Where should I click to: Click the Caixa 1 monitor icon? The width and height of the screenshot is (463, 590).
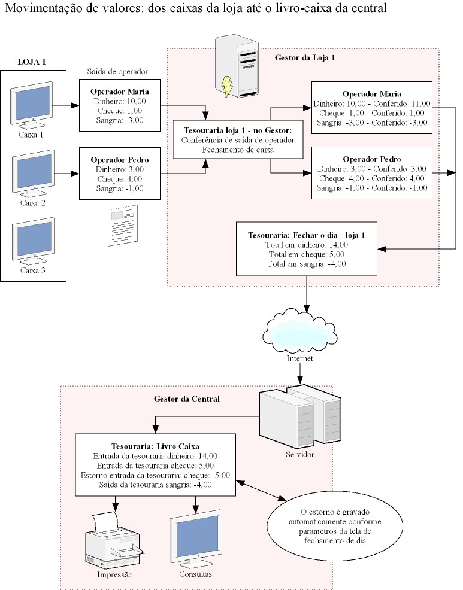point(31,105)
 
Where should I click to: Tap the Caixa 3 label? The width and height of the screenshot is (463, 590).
point(33,270)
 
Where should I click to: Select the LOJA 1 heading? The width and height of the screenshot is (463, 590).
point(32,62)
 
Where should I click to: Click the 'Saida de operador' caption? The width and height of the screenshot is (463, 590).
point(117,71)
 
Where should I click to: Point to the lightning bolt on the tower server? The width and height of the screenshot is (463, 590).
point(227,86)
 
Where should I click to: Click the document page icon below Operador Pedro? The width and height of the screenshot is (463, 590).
point(123,226)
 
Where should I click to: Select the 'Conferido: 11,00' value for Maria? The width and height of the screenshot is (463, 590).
point(401,104)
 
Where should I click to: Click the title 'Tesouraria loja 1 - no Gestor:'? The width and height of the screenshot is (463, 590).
point(238,130)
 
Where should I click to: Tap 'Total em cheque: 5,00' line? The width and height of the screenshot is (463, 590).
point(306,254)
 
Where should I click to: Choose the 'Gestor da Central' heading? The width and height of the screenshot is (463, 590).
point(186,399)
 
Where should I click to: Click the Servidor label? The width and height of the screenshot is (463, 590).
point(299,455)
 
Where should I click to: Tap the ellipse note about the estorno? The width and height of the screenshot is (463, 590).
point(335,526)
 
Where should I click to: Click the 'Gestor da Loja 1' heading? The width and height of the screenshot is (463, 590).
point(305,58)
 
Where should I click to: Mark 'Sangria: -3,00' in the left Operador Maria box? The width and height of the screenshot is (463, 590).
point(120,120)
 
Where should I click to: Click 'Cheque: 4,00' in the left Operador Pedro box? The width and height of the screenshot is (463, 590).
point(120,179)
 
